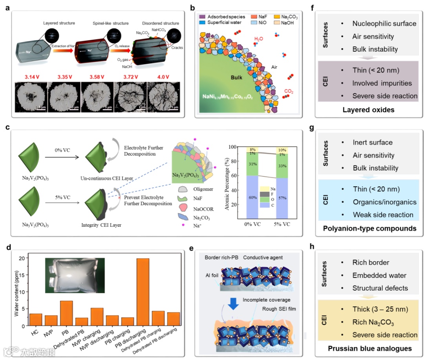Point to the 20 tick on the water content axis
click(23, 258)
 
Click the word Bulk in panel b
click(234, 77)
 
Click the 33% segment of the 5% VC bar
click(281, 166)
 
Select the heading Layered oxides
click(369, 110)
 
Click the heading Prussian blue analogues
click(369, 348)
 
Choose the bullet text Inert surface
click(372, 142)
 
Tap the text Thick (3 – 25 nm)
click(380, 309)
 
